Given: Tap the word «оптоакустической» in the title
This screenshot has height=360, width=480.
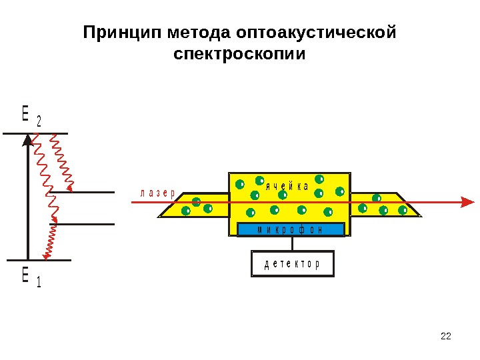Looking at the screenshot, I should pyautogui.click(x=314, y=33).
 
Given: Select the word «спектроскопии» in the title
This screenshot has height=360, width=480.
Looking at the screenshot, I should pyautogui.click(x=239, y=53).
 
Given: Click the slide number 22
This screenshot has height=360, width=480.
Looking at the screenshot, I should pyautogui.click(x=447, y=335).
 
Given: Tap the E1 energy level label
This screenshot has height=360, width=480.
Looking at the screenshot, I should pyautogui.click(x=31, y=277).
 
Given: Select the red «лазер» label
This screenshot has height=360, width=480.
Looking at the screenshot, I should pyautogui.click(x=157, y=194).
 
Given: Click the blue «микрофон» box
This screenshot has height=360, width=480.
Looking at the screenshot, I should pyautogui.click(x=291, y=230).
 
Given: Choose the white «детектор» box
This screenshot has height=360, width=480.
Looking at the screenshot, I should pyautogui.click(x=292, y=264).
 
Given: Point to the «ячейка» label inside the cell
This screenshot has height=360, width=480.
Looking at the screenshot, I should pyautogui.click(x=287, y=186).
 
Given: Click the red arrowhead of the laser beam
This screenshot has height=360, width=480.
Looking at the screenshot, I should pyautogui.click(x=469, y=201).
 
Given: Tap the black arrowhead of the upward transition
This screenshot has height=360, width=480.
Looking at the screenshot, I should pyautogui.click(x=27, y=140).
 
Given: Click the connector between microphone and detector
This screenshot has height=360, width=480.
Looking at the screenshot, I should pyautogui.click(x=292, y=244).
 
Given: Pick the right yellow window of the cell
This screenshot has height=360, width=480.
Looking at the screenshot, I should pyautogui.click(x=385, y=205).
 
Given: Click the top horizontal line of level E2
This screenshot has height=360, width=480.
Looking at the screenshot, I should pyautogui.click(x=36, y=133).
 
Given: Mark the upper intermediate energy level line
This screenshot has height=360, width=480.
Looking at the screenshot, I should pyautogui.click(x=83, y=193).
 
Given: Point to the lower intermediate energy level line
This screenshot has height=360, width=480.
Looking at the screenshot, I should pyautogui.click(x=83, y=225).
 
